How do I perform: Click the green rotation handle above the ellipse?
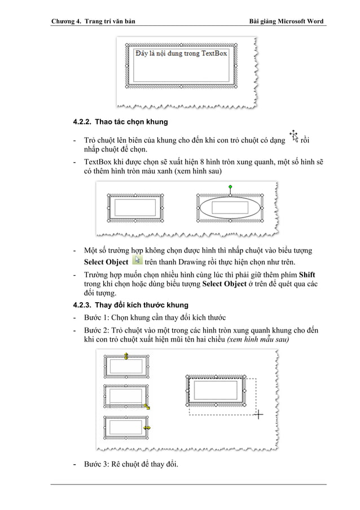230,186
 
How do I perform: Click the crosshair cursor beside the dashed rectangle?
258,415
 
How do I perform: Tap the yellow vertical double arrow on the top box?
126,356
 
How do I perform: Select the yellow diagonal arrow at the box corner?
146,406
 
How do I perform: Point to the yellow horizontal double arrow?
147,428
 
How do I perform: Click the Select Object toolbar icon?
136,260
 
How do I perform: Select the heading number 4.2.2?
84,122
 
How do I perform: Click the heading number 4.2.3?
84,306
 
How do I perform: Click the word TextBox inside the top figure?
215,53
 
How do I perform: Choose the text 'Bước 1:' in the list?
96,317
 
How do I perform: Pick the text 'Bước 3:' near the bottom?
96,464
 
